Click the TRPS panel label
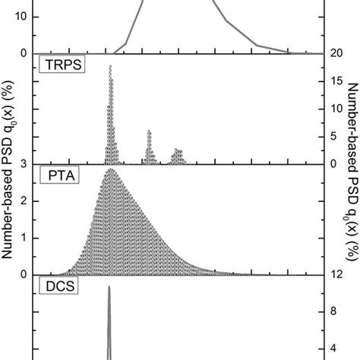[61, 65]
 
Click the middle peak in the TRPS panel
[149, 131]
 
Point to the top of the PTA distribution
[111, 169]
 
